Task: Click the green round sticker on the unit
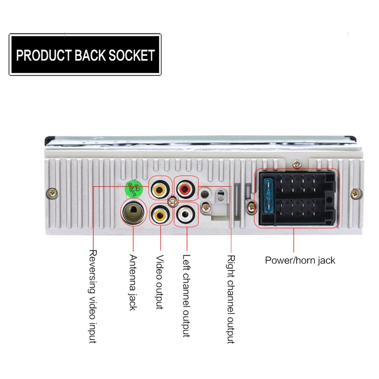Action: (x=134, y=188)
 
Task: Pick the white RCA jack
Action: (x=186, y=215)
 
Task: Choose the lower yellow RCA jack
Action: (x=159, y=215)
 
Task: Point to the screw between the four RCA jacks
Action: (x=172, y=201)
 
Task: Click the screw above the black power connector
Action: (x=297, y=165)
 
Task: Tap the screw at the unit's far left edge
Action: (x=52, y=193)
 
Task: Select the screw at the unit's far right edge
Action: (x=355, y=193)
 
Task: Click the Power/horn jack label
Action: (x=300, y=260)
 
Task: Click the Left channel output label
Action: (x=186, y=296)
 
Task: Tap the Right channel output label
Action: (x=230, y=299)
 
